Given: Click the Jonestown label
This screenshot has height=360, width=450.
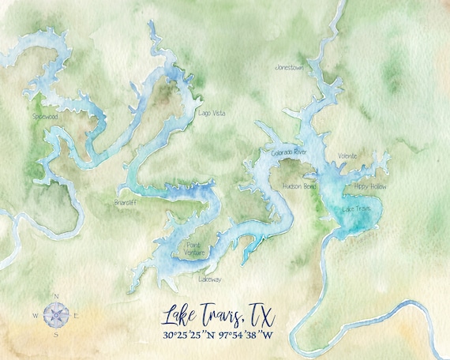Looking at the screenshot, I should click(x=289, y=68).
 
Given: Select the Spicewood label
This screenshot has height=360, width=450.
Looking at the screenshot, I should click(x=46, y=116).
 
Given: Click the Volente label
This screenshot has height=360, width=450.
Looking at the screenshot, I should click(x=347, y=156).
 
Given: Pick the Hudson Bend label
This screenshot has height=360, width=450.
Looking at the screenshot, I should click(x=299, y=186).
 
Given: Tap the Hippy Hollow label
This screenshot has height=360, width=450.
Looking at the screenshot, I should click(x=370, y=186).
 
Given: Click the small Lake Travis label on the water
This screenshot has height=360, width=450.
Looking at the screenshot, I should click(x=357, y=208).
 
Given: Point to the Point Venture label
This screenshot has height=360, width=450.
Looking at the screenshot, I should click(x=194, y=249).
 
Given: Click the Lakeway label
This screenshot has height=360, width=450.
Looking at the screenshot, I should click(x=210, y=279).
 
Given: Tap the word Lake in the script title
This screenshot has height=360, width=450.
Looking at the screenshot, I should click(x=180, y=316).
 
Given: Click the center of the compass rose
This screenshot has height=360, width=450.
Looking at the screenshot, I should click(x=55, y=315).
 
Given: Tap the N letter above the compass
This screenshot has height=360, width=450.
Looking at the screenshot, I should click(x=55, y=296).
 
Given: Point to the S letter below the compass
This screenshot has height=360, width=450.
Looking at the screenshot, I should click(x=55, y=335).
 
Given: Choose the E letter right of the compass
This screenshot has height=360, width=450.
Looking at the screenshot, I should click(x=76, y=316).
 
